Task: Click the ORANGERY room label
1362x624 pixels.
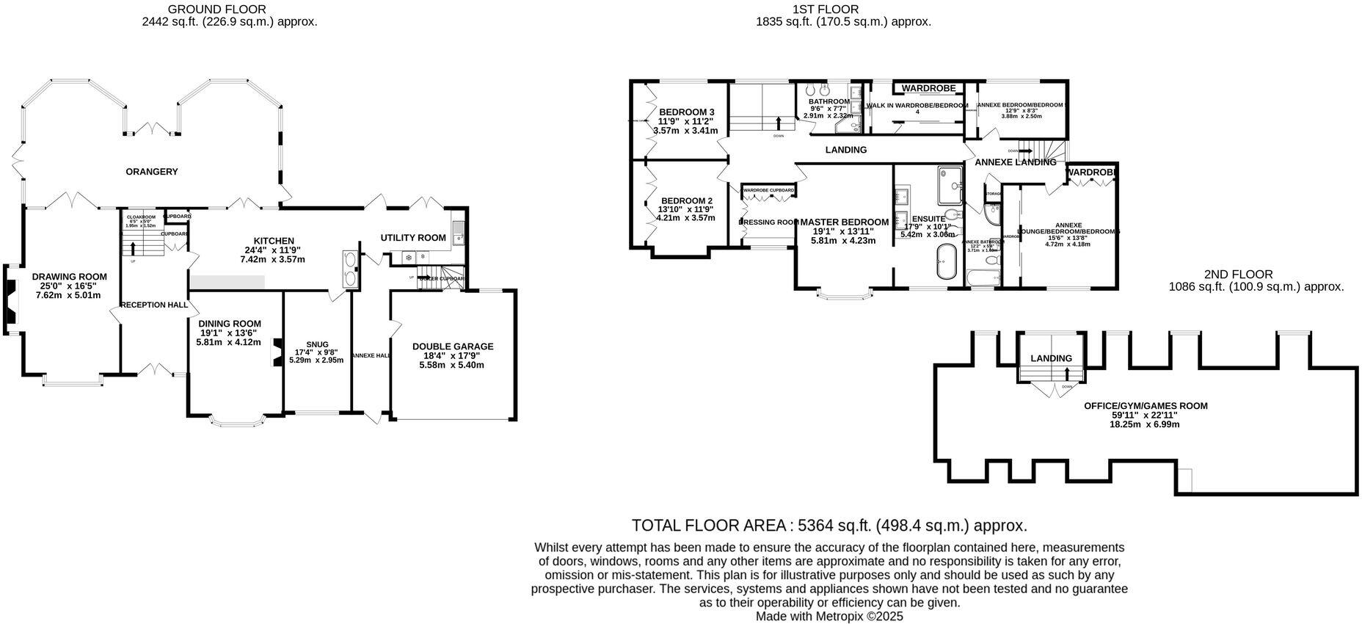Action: (152, 172)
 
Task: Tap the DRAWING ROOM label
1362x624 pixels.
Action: (70, 277)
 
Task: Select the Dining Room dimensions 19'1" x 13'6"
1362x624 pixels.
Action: (230, 333)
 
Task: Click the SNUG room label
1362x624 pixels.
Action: (317, 344)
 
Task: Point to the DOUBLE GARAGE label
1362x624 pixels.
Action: (453, 347)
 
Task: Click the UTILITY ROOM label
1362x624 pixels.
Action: (413, 238)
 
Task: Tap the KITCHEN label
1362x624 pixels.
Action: (274, 241)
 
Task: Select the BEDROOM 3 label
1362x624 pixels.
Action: (686, 112)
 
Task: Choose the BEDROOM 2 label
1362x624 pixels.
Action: (686, 200)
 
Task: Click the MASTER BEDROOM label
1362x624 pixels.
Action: (844, 222)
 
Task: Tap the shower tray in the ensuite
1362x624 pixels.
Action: (946, 184)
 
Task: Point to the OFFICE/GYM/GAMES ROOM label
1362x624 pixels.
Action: (1146, 406)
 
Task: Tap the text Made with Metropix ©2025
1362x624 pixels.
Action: (829, 617)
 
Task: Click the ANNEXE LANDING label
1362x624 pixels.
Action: (1016, 162)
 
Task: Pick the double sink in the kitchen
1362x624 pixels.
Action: (350, 268)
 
